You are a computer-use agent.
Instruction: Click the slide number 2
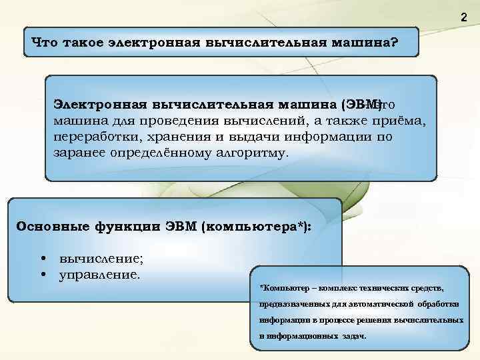(464, 17)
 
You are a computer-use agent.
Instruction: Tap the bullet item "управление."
(100, 274)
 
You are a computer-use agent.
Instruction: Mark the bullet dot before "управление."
(43, 274)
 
